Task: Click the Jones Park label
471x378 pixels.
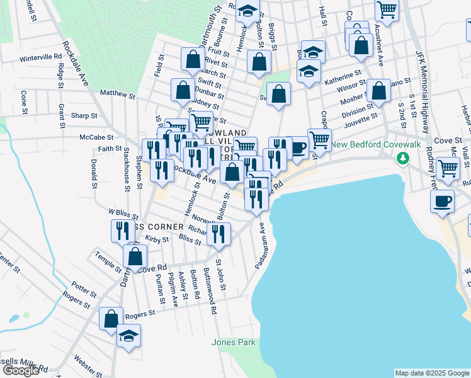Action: pos(234,342)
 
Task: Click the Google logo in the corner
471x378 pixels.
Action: pos(21,370)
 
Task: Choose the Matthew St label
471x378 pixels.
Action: pos(118,96)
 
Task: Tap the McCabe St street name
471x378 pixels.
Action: pos(96,137)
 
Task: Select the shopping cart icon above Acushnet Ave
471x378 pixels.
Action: pos(387,9)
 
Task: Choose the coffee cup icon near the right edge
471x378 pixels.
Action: pos(442,201)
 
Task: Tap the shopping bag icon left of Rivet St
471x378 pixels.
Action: pos(193,59)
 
